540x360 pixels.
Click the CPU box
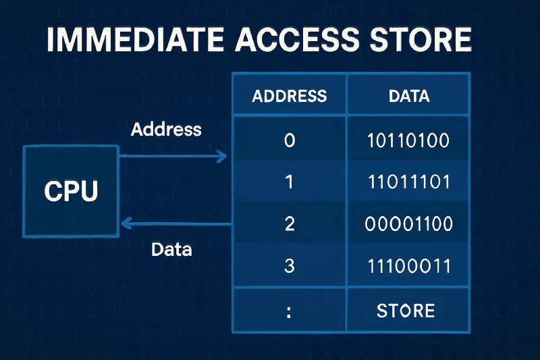(x=71, y=191)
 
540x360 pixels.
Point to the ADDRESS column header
(x=289, y=96)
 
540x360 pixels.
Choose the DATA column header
(x=409, y=96)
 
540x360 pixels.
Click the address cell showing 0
(x=290, y=140)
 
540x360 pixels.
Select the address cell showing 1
(x=290, y=182)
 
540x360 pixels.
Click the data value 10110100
(x=408, y=140)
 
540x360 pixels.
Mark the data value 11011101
(x=408, y=182)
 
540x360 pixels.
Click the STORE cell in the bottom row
(x=405, y=311)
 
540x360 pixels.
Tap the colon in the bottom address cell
(x=290, y=312)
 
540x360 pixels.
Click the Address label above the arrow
(x=166, y=129)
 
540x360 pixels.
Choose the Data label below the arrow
(x=171, y=249)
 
